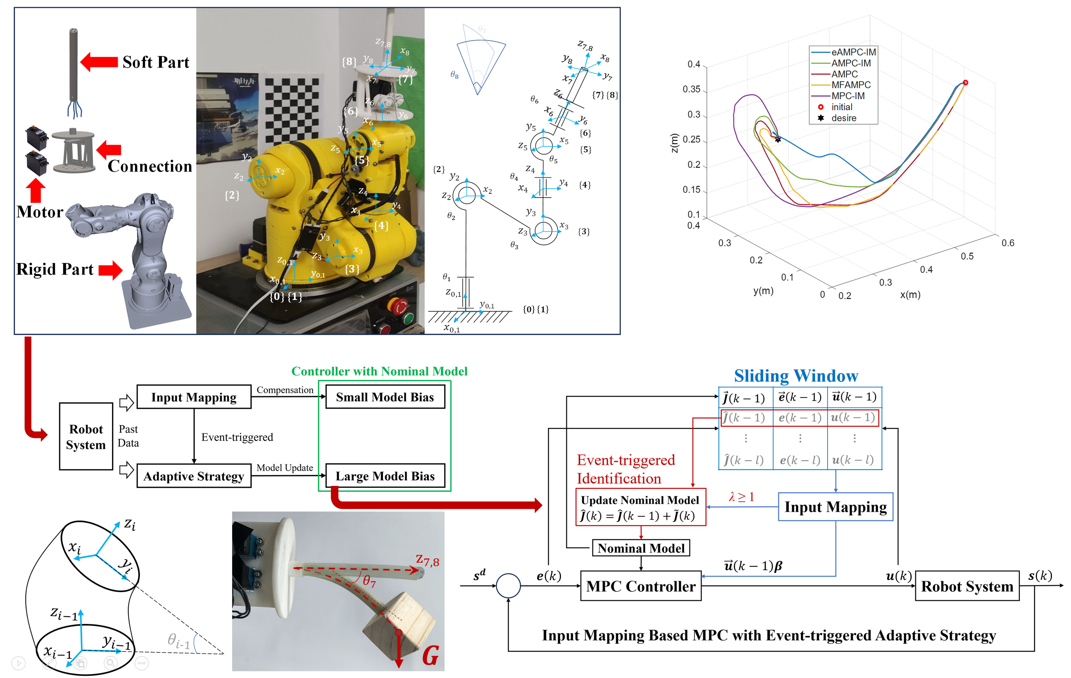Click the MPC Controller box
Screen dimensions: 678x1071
641,586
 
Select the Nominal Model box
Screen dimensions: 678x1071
641,548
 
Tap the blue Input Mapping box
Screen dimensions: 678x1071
835,507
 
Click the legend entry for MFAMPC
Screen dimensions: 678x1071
850,84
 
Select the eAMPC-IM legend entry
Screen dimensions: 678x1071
853,52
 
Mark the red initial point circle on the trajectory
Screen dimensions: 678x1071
965,83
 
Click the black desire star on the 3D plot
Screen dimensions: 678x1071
778,140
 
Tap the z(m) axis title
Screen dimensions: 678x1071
674,143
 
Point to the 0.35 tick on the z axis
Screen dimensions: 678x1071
691,89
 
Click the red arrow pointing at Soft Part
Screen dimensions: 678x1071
99,62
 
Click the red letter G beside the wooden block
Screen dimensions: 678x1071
430,656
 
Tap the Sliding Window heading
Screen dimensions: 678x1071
796,376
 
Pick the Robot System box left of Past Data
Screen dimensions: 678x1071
86,436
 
